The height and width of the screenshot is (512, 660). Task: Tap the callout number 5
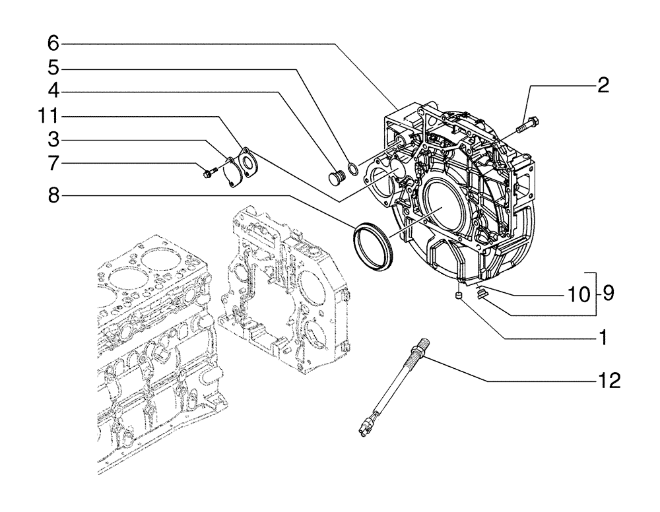53,68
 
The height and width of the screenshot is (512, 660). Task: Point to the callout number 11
48,116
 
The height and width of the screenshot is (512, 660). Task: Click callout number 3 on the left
53,139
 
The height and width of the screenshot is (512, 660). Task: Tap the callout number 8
53,195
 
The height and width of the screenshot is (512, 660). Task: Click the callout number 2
603,86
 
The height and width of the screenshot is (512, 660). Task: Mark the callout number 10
579,294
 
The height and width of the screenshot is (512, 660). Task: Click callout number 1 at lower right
601,338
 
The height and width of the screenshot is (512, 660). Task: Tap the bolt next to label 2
529,123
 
